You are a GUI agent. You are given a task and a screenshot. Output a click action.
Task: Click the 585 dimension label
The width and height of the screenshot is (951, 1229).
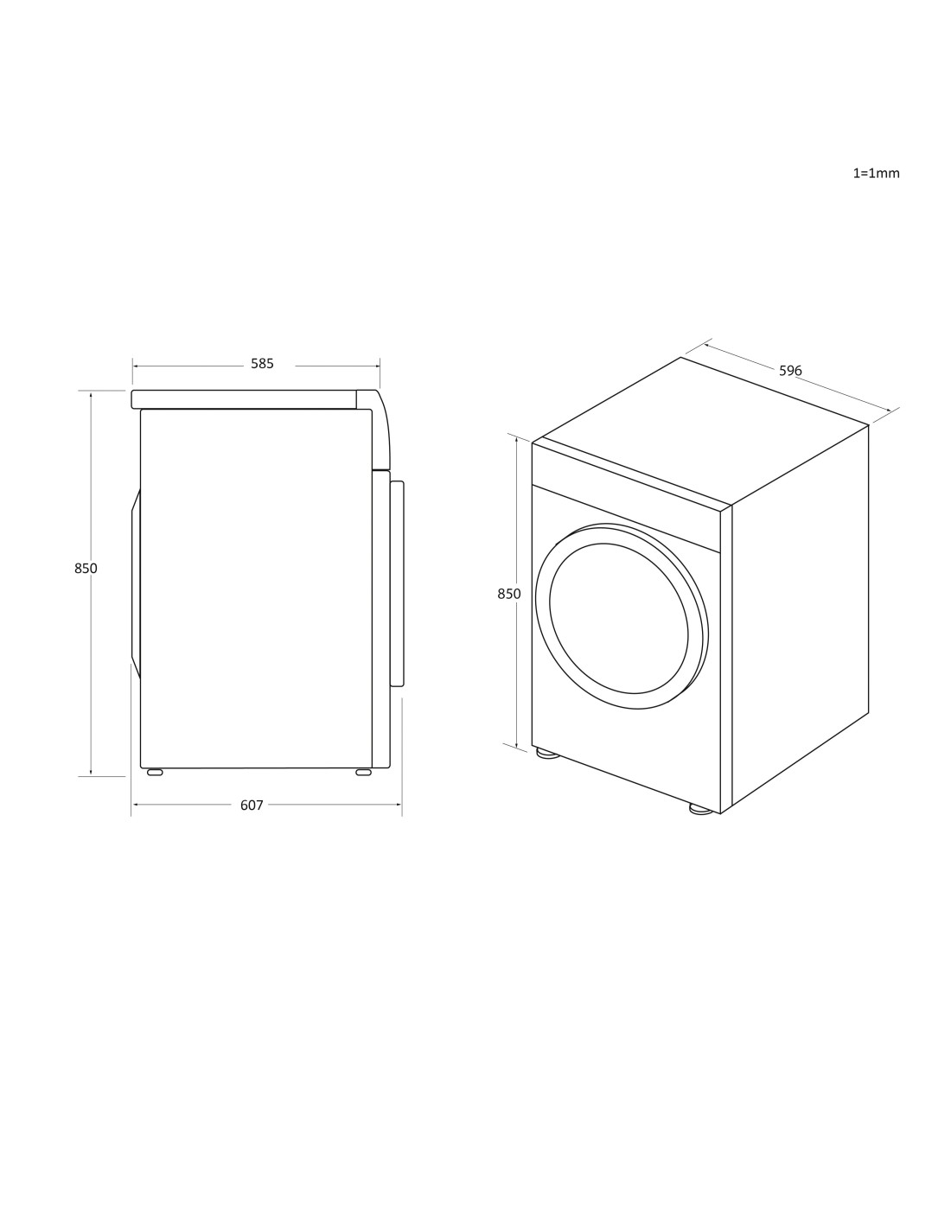coord(262,364)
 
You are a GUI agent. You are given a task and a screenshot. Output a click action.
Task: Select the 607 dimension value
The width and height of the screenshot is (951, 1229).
coord(252,805)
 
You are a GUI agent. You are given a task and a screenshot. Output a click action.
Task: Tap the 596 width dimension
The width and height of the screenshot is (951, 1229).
coord(790,371)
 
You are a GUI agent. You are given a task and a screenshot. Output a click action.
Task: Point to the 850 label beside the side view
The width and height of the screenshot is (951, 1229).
coord(86,569)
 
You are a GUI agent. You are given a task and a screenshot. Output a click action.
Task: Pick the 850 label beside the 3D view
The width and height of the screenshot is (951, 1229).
coord(509,594)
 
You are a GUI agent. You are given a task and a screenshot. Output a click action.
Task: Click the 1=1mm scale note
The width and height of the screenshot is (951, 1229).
coord(876,173)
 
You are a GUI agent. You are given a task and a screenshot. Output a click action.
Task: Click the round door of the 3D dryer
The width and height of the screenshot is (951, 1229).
coord(622,616)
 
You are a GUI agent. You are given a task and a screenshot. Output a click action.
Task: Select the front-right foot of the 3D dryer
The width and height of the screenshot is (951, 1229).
coord(701,809)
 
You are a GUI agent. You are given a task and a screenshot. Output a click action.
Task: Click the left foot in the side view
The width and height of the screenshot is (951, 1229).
coord(155,772)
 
